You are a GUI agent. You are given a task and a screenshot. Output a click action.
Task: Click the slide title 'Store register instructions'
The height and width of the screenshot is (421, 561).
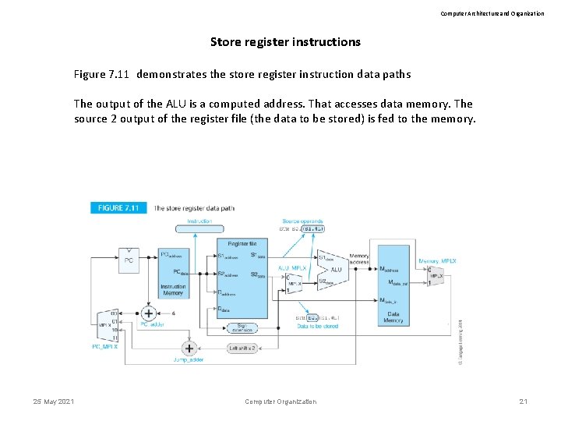tap(285, 42)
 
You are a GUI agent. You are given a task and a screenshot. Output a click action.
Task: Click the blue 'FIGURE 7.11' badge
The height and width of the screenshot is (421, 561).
tap(118, 208)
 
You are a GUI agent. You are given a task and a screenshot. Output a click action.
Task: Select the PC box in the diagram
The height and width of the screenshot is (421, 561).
tap(129, 261)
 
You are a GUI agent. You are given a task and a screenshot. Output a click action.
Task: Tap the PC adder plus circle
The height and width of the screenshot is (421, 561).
tap(148, 313)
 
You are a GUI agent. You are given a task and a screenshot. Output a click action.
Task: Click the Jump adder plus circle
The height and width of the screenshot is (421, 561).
tap(188, 348)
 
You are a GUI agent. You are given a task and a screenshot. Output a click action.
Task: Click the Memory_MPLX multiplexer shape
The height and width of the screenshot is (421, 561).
tap(436, 278)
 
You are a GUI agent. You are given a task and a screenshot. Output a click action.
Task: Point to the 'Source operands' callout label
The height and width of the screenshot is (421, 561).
tap(302, 221)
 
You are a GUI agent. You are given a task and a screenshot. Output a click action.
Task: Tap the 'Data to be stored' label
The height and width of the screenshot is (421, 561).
tap(317, 326)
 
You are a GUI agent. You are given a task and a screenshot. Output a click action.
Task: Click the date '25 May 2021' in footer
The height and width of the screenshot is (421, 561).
tap(54, 402)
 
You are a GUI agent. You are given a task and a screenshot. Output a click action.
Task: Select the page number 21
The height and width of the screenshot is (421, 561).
tap(524, 402)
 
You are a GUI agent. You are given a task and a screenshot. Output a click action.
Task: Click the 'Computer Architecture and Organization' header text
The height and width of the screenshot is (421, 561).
tap(492, 13)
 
